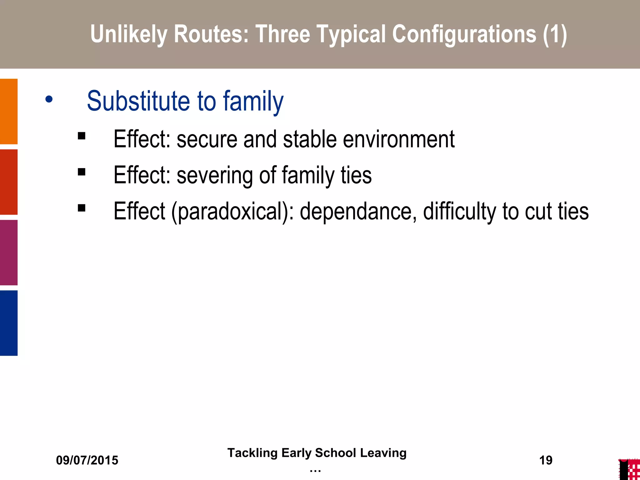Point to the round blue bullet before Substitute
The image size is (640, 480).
pos(49,100)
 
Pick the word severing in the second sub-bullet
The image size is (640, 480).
pos(215,175)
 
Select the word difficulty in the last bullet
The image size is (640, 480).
pos(459,212)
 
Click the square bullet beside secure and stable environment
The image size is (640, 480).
pos(82,136)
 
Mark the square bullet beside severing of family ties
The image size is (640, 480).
pos(82,172)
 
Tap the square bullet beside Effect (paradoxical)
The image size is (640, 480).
pos(82,208)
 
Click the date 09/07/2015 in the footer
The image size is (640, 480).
pos(87,460)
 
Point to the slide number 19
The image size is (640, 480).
pos(546,460)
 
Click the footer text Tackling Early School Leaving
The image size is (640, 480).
pos(317,453)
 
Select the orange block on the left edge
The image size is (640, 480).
pos(9,112)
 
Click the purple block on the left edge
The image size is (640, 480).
pos(9,252)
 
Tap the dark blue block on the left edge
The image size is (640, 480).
pos(9,323)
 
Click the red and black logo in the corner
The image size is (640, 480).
pos(629,469)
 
